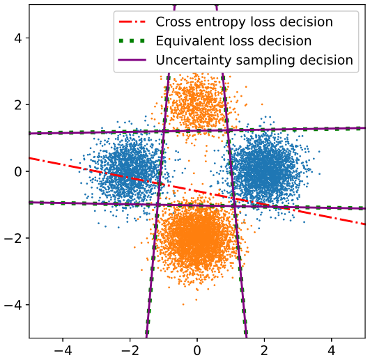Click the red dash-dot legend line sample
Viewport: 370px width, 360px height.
(132, 22)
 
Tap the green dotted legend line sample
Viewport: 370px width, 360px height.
(132, 41)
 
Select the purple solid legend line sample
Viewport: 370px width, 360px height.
(132, 60)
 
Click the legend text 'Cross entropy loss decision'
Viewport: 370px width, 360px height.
(245, 22)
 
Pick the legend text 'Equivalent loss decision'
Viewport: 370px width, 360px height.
(233, 41)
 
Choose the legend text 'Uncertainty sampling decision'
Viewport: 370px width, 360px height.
(254, 61)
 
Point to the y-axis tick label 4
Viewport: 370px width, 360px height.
(18, 38)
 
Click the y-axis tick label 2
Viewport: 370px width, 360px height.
(18, 104)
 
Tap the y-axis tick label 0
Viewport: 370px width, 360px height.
(18, 171)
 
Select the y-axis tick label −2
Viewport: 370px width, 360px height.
(13, 238)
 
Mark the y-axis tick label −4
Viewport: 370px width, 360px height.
(13, 305)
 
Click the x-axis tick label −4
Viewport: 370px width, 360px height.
(63, 350)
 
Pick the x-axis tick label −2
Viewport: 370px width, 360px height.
(130, 350)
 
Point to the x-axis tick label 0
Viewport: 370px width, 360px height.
(196, 350)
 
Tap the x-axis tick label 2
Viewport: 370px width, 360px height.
(264, 350)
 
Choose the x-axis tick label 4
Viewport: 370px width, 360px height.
(331, 350)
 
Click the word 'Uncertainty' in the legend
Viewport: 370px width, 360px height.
(194, 60)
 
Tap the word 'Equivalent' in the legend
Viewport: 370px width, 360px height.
(190, 41)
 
